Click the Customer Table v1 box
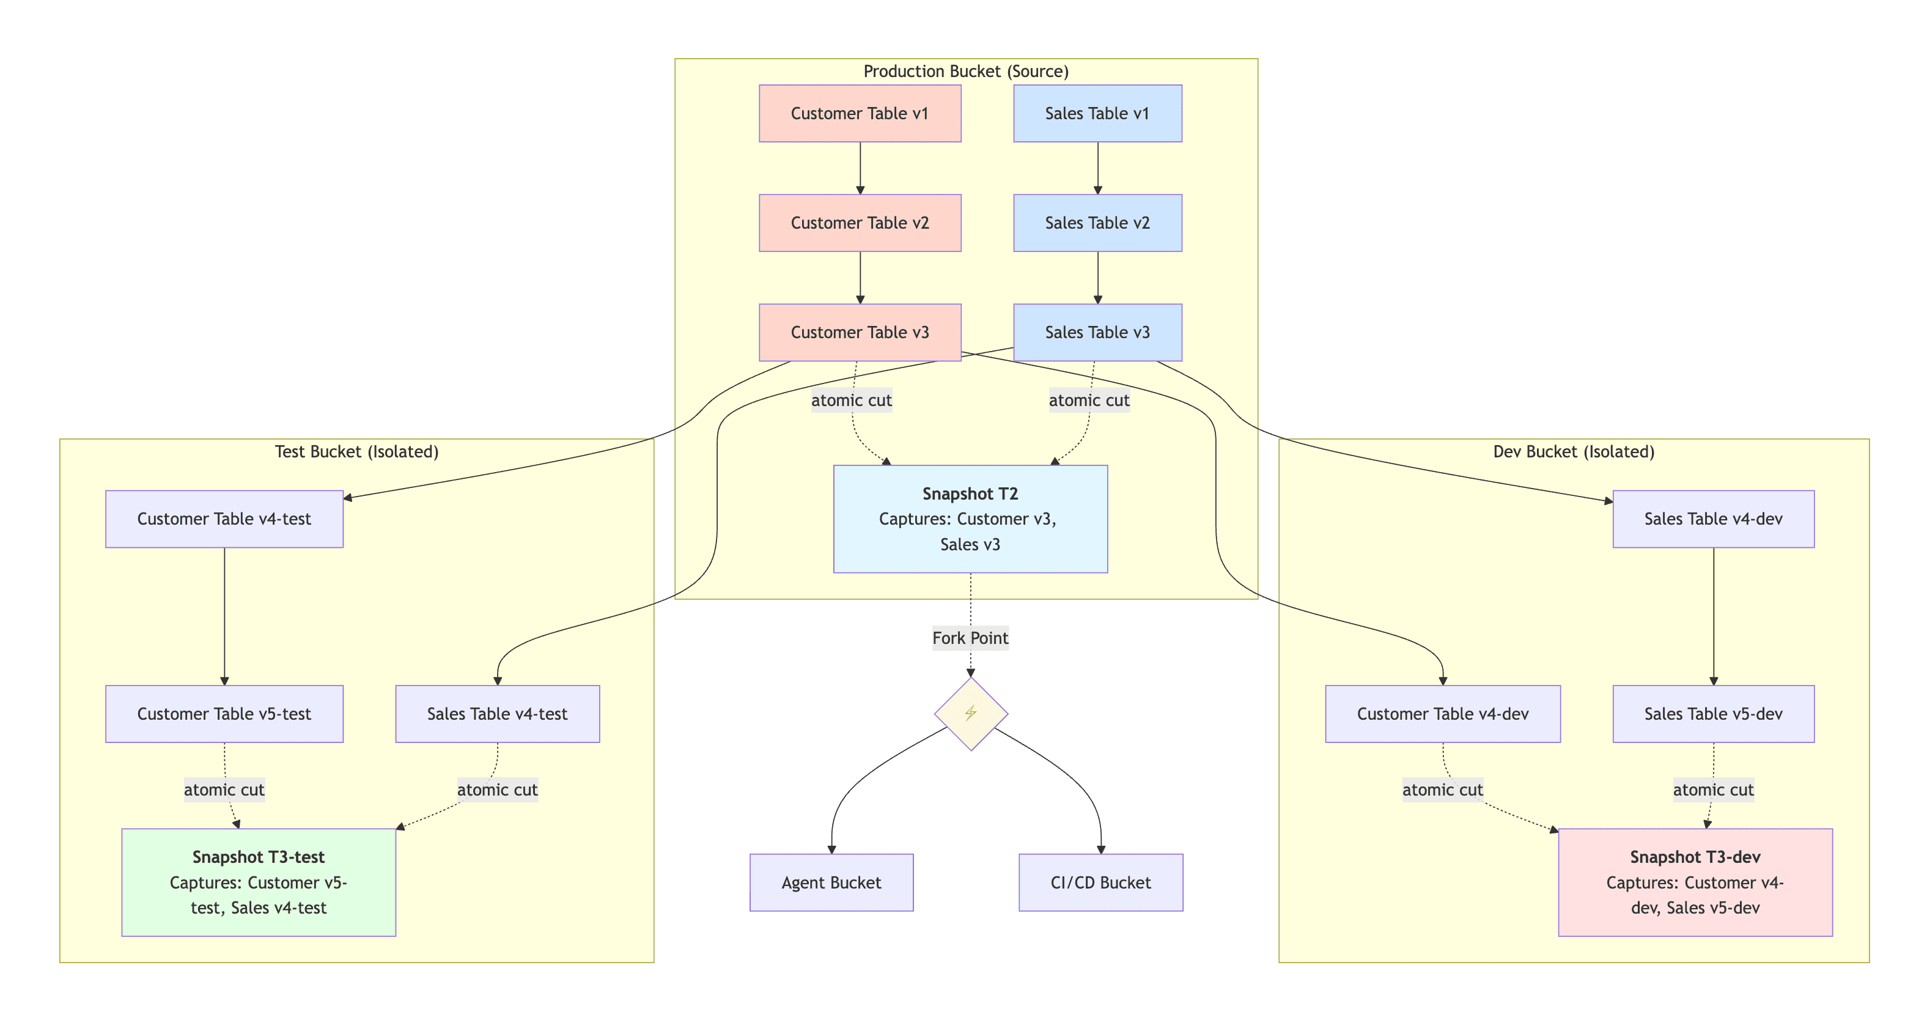coord(860,113)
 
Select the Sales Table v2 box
coord(1097,223)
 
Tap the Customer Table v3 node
coord(860,332)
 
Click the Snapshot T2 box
coord(970,519)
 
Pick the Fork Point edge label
coord(970,638)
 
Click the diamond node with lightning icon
coord(970,713)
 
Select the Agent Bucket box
coord(831,882)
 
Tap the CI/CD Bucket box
coord(1100,882)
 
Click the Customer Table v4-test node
coord(224,519)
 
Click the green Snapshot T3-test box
coord(258,882)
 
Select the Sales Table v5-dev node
coord(1712,713)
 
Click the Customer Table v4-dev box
coord(1442,713)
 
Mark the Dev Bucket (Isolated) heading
coord(1573,451)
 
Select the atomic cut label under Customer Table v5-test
coord(224,789)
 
